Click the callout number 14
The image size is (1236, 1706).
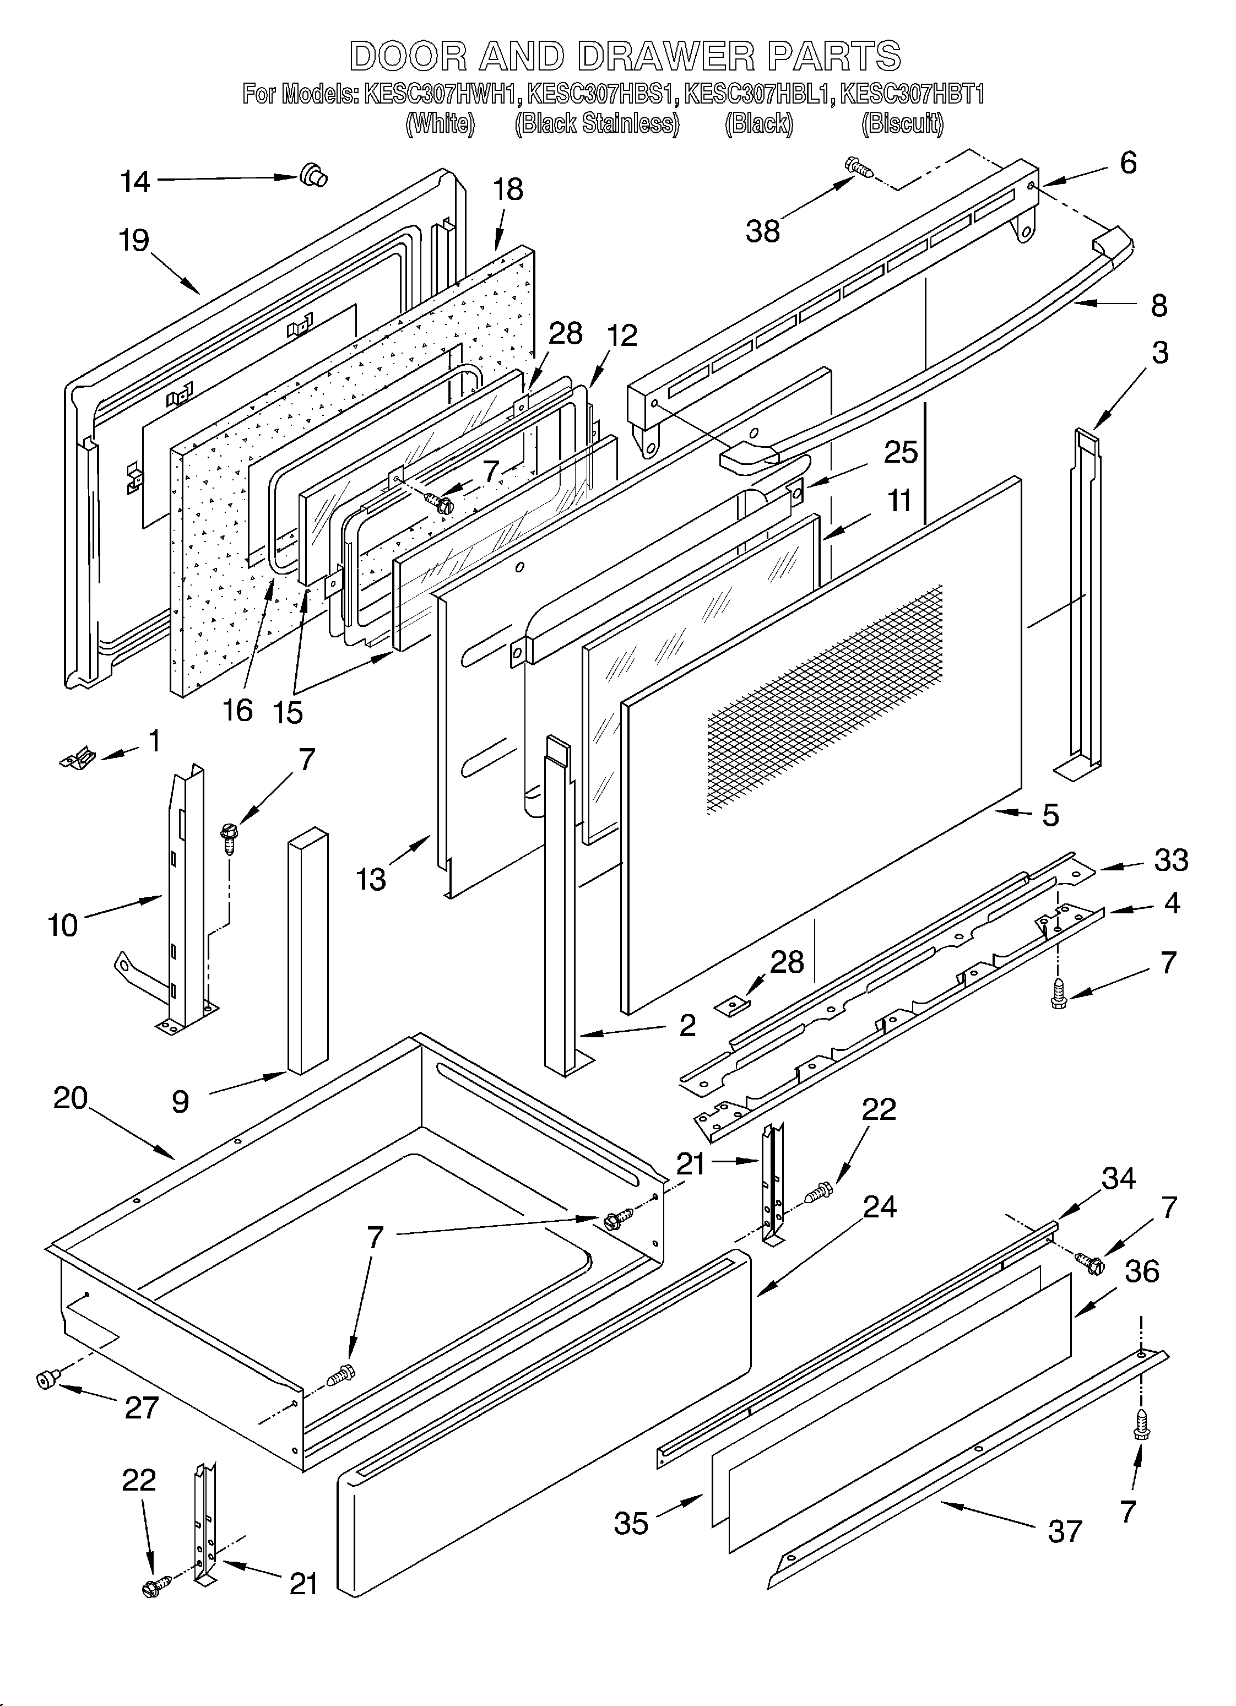[x=135, y=182]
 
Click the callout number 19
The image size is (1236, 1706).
[x=134, y=241]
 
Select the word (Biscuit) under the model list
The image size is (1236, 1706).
[x=902, y=123]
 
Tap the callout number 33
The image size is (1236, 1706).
[x=1170, y=860]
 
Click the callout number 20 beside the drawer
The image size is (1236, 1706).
[x=71, y=1098]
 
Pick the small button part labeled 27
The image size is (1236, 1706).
[x=47, y=1378]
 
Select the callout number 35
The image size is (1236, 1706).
[x=631, y=1523]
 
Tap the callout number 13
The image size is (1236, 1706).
[x=371, y=879]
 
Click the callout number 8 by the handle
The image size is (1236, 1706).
[x=1158, y=305]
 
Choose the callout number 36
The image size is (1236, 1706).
[x=1142, y=1271]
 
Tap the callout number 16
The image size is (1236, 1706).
[x=238, y=710]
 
